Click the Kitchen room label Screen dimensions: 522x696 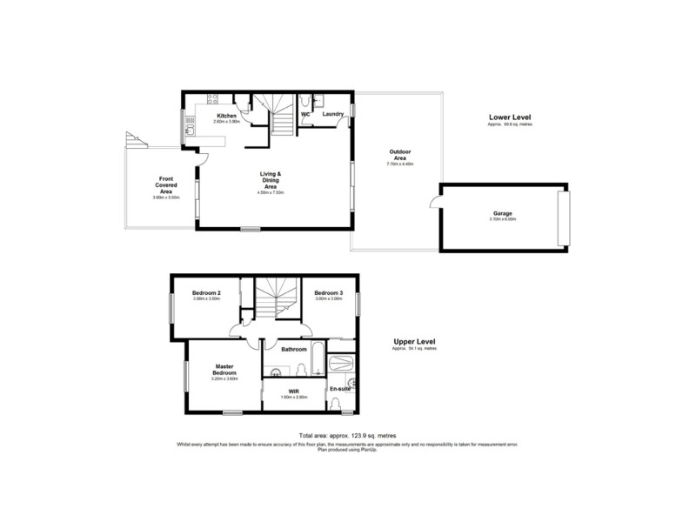227,116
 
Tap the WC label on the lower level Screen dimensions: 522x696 305,114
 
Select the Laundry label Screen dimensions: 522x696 331,114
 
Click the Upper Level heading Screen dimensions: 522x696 413,342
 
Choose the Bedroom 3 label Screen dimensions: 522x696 329,292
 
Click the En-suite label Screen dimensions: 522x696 338,390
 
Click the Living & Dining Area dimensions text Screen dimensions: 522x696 271,192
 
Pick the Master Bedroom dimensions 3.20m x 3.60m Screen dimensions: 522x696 224,379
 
